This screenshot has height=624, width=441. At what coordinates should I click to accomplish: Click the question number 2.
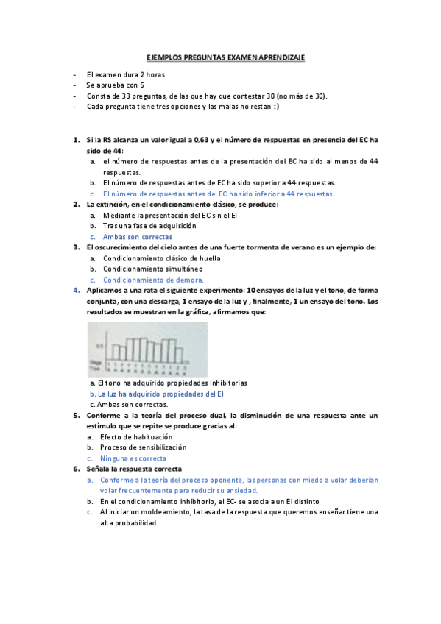pyautogui.click(x=76, y=204)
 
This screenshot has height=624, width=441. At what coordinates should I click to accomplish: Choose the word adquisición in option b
pyautogui.click(x=174, y=226)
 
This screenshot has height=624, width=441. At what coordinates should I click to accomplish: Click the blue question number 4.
pyautogui.click(x=76, y=291)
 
